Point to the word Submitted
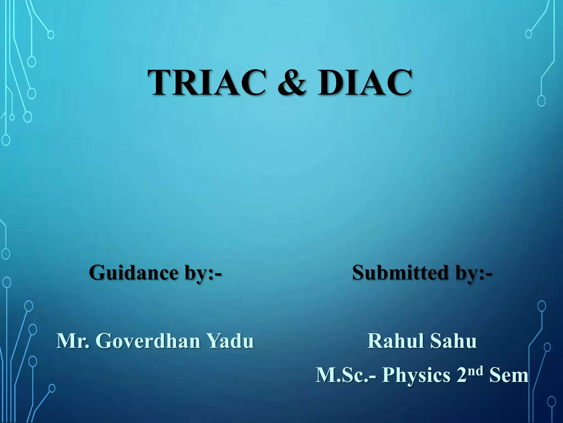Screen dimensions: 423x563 [400, 273]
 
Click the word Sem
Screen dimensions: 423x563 [509, 375]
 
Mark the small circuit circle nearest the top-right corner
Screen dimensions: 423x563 [528, 34]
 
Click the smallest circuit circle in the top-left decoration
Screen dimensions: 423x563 [12, 118]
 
